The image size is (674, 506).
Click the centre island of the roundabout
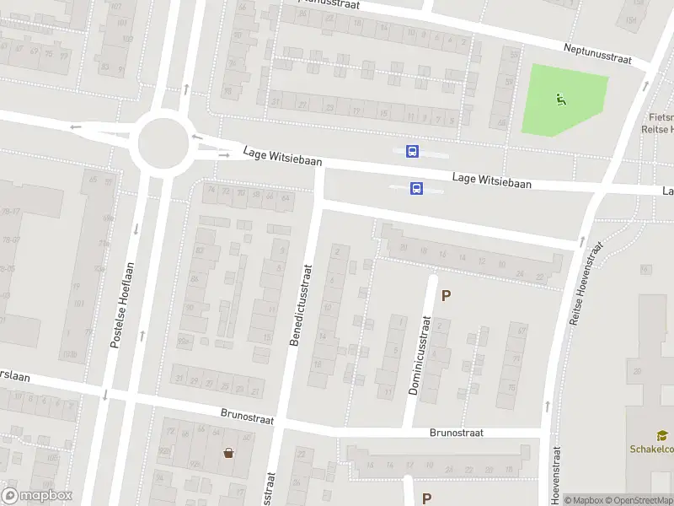click(163, 142)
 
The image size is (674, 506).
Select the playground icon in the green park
click(561, 100)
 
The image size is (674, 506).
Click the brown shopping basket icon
click(228, 453)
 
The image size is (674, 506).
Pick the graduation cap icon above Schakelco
click(662, 435)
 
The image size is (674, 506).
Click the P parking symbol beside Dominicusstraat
click(447, 296)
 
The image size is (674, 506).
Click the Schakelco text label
click(651, 449)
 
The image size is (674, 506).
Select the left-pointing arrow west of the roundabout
click(76, 127)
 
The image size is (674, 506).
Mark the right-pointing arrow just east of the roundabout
click(224, 154)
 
